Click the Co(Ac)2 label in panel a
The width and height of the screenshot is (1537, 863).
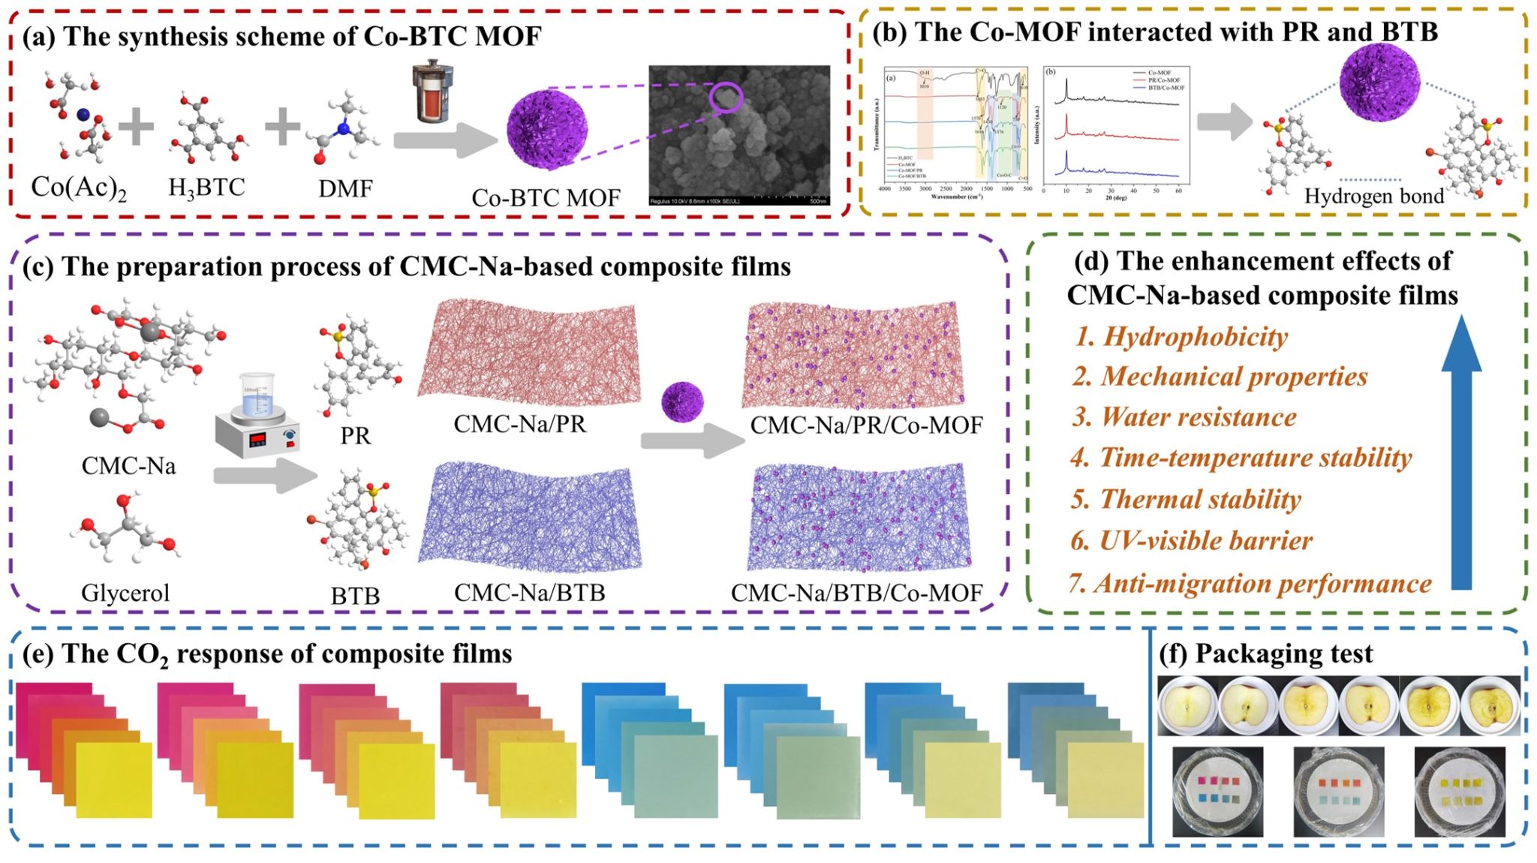point(78,188)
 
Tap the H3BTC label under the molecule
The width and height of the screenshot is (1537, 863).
point(206,187)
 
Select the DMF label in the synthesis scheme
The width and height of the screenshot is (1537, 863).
point(345,188)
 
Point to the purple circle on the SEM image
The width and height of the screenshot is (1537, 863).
point(726,98)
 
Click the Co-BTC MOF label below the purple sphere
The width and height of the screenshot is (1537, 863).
point(546,197)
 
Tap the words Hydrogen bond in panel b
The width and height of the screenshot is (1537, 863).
point(1373,196)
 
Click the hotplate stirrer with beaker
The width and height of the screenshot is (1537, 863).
point(257,417)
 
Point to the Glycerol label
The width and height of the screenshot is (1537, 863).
point(125,593)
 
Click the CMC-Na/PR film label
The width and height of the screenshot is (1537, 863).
point(519,424)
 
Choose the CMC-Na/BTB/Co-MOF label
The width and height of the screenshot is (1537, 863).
point(856,593)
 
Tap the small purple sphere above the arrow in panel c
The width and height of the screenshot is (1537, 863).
point(682,401)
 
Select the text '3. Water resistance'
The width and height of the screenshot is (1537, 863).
point(1184,417)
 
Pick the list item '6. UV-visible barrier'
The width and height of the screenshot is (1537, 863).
point(1192,540)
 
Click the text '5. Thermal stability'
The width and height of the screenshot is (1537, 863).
point(1186,499)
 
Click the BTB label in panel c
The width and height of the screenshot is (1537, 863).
point(355,596)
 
